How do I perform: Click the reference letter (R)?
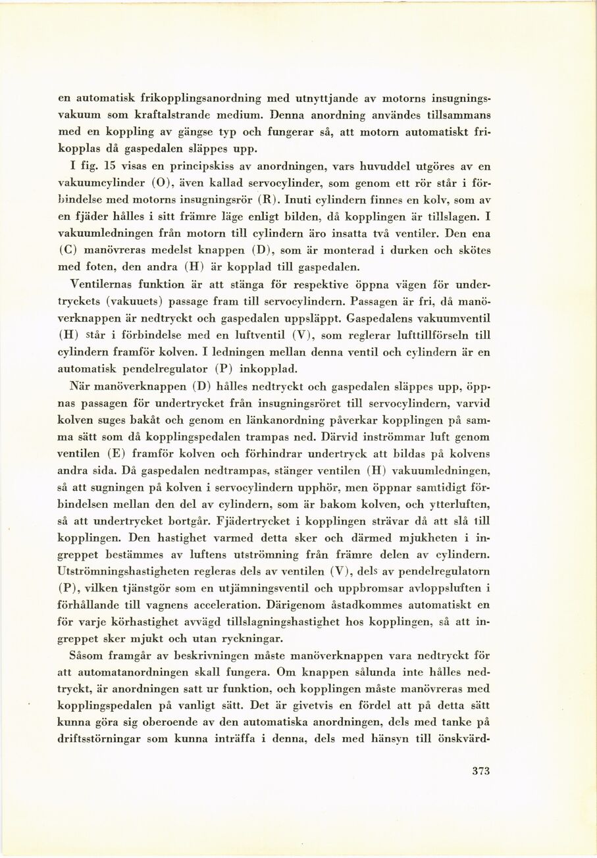265,199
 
